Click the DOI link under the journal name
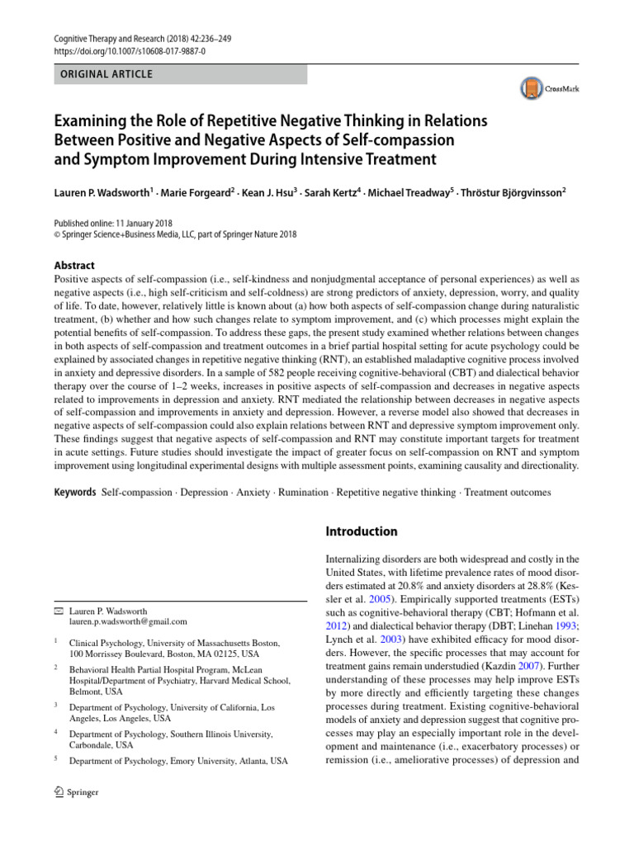tap(130, 50)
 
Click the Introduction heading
tap(362, 531)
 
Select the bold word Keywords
tap(73, 492)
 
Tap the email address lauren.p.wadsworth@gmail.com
tap(128, 621)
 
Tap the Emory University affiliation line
tap(179, 761)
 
